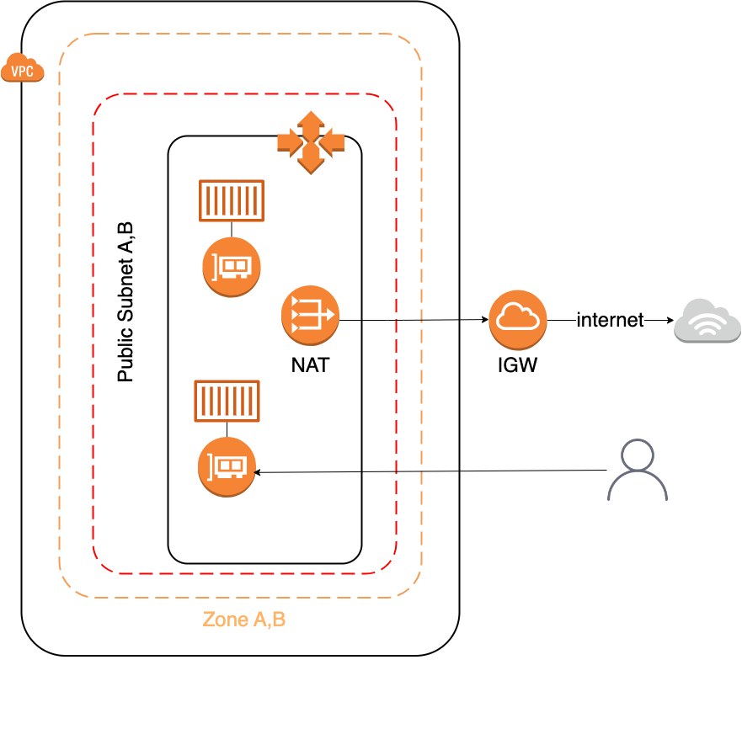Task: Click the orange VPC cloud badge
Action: click(23, 67)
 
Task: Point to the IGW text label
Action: click(517, 366)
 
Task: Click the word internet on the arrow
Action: click(610, 320)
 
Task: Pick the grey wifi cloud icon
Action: click(707, 321)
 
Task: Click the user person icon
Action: click(638, 470)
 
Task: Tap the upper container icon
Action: click(232, 200)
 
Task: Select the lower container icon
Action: click(227, 401)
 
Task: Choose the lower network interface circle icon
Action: click(227, 467)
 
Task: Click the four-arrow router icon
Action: click(311, 142)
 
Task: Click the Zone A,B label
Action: click(244, 620)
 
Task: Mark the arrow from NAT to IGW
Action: click(413, 320)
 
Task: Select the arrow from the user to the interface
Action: click(430, 471)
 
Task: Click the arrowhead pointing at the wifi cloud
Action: click(669, 321)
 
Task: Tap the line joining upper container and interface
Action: click(232, 231)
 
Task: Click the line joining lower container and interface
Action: click(227, 429)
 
